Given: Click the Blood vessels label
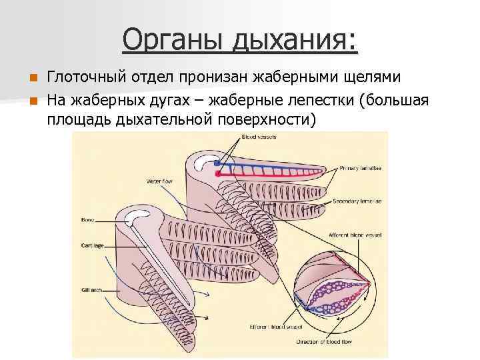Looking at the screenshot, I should (x=259, y=137).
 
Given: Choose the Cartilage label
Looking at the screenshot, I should (x=91, y=245).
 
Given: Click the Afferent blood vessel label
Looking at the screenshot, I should (x=351, y=235).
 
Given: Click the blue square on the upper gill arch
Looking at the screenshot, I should (x=217, y=162).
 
